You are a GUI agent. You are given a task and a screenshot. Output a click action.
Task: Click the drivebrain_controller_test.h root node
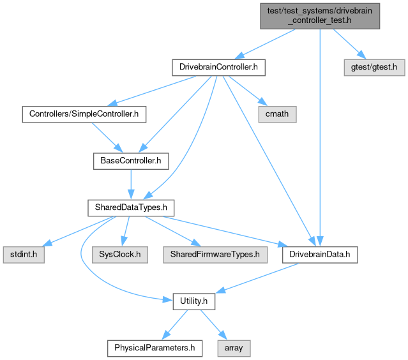(x=319, y=15)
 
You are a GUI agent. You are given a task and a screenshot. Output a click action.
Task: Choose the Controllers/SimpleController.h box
(x=84, y=114)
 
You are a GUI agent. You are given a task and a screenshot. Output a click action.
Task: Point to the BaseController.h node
(x=130, y=160)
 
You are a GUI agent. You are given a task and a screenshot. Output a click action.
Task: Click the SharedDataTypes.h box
(x=130, y=207)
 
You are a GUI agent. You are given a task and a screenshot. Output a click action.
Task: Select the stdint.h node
(x=23, y=254)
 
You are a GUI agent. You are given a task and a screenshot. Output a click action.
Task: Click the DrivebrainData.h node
(x=320, y=254)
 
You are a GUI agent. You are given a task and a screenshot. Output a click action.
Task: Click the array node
(x=234, y=348)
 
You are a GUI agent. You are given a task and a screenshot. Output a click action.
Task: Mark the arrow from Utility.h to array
(x=212, y=324)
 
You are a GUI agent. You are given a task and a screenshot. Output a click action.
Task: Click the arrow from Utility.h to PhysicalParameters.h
(x=174, y=324)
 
